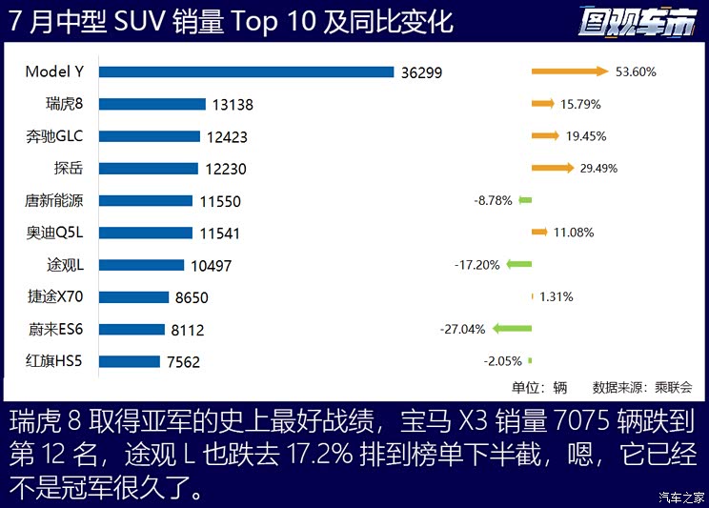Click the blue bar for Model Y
(x=246, y=71)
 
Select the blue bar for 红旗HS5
(x=130, y=361)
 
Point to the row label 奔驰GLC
(x=55, y=136)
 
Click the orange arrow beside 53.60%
(x=569, y=71)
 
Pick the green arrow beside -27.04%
(x=511, y=329)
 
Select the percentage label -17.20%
(x=477, y=265)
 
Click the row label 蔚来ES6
(x=56, y=330)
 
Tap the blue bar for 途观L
(x=141, y=265)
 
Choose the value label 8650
(x=192, y=297)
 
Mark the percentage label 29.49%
(x=592, y=169)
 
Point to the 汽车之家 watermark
(x=680, y=497)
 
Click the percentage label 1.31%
(x=556, y=297)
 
